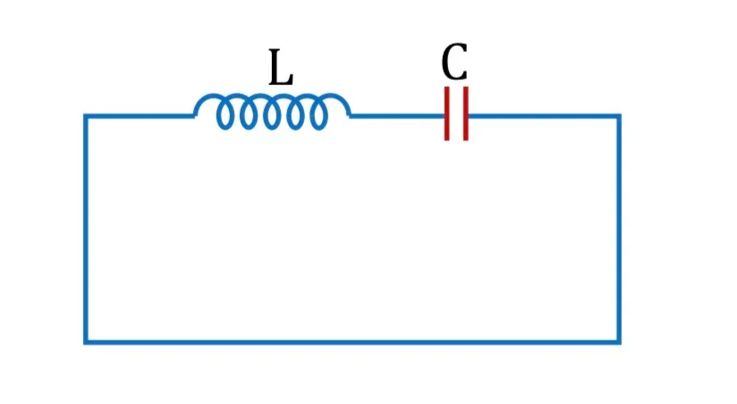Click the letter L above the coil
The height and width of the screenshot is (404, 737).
281,67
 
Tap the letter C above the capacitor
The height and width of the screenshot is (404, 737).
454,61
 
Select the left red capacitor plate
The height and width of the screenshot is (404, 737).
446,113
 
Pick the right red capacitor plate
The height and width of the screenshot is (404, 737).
465,113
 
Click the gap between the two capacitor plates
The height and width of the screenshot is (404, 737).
456,114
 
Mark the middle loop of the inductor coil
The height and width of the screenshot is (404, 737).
272,115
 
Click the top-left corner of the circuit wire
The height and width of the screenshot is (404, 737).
86,116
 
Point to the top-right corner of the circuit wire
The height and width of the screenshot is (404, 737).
619,116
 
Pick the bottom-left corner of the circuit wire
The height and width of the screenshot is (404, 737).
86,342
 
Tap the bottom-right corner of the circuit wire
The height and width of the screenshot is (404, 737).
619,342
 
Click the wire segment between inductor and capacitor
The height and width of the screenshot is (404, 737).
398,116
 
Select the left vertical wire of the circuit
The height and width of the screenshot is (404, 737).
86,228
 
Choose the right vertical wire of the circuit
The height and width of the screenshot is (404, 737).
619,228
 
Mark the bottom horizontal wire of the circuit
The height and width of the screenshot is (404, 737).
352,342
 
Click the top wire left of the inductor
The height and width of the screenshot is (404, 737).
140,116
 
